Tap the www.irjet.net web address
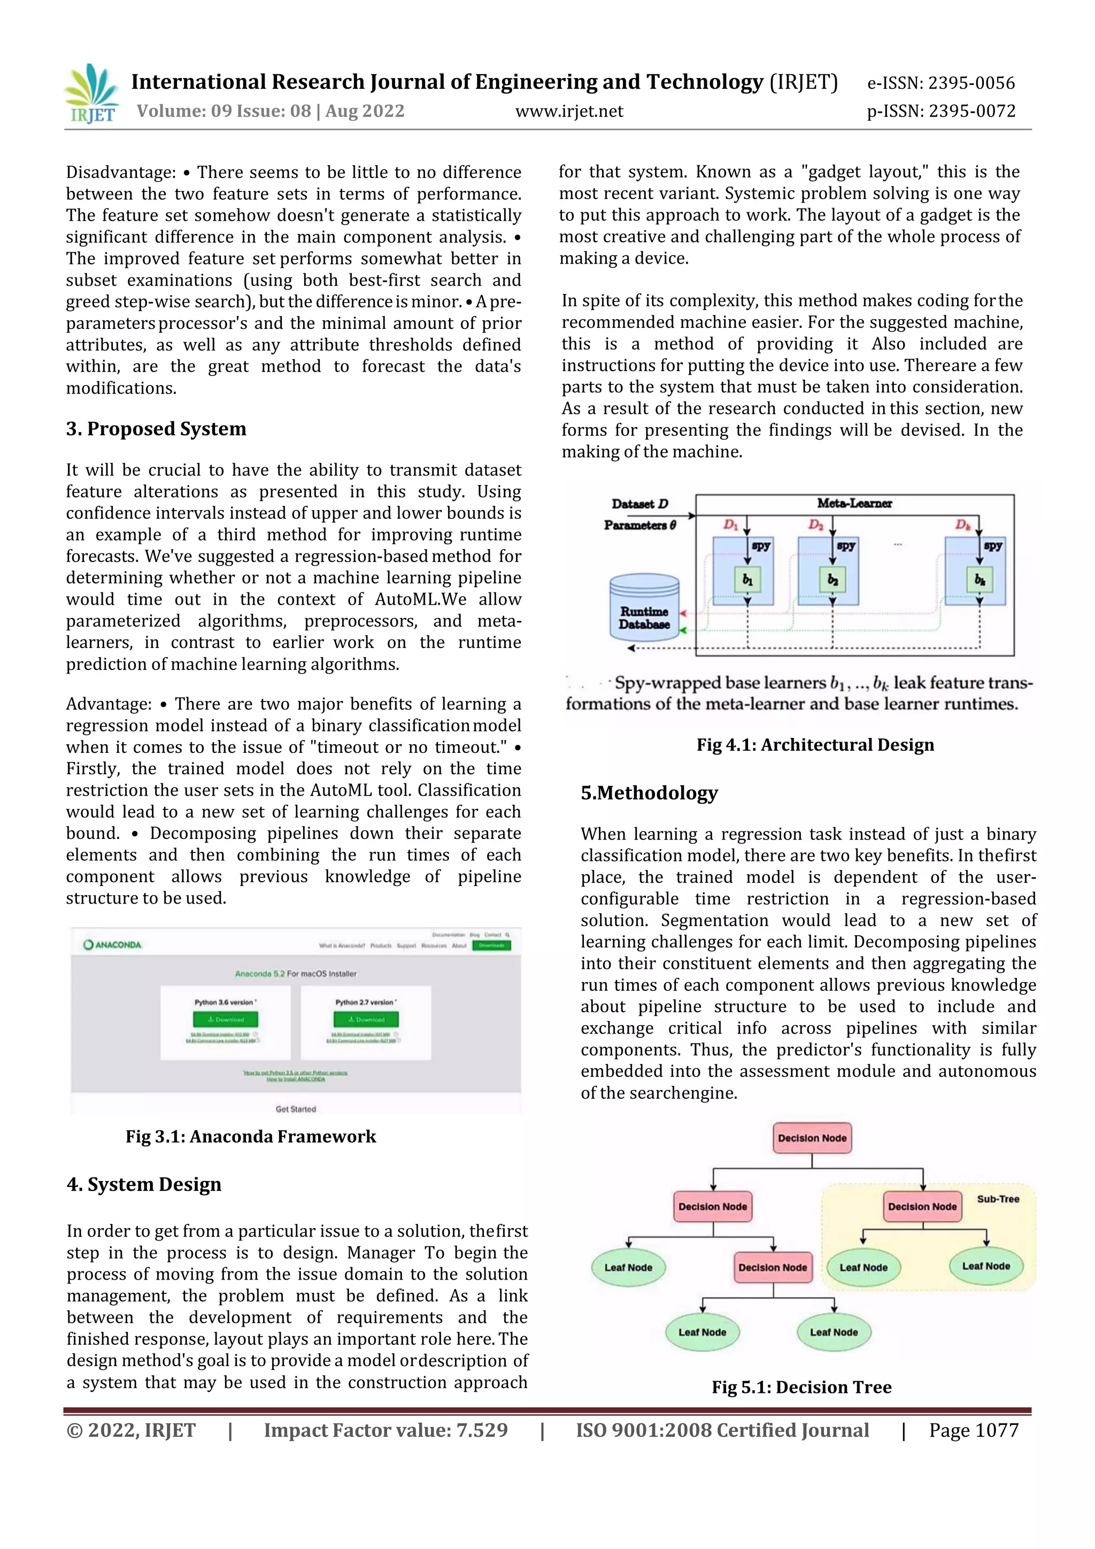(569, 111)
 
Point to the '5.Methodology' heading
(649, 793)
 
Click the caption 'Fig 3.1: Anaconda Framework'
(250, 1137)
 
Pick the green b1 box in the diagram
(747, 580)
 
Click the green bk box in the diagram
(979, 580)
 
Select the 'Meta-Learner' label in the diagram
(854, 503)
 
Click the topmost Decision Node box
(812, 1138)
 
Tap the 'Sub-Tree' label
(998, 1199)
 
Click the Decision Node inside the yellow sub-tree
(922, 1206)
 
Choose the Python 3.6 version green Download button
(225, 1020)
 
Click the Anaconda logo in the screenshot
(113, 944)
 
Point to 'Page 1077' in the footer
(974, 1430)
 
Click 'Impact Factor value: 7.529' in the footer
(385, 1430)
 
